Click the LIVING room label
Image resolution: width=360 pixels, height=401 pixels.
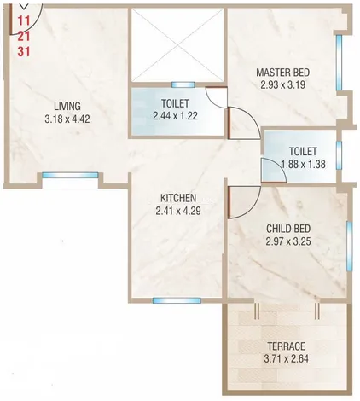[x=67, y=106]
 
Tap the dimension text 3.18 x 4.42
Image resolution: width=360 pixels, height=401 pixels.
[x=67, y=119]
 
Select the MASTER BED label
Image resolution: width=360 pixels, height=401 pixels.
[x=283, y=73]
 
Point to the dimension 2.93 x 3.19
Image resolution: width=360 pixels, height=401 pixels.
[x=283, y=84]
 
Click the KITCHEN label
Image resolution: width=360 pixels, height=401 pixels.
[x=178, y=198]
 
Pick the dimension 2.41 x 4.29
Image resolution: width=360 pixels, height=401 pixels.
[x=178, y=211]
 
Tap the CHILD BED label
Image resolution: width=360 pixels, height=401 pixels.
[x=288, y=229]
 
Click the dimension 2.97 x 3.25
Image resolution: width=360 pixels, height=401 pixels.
[x=288, y=241]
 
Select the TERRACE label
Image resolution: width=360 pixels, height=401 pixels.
[x=287, y=346]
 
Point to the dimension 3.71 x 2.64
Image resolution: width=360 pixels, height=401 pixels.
[x=287, y=358]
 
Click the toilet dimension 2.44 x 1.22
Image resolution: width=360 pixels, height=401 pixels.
[x=175, y=116]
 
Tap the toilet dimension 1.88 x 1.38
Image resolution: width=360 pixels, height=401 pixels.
[x=303, y=164]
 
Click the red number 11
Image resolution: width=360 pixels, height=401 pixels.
[x=24, y=20]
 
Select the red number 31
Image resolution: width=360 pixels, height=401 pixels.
[x=24, y=52]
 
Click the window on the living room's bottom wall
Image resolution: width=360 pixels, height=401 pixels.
[x=70, y=175]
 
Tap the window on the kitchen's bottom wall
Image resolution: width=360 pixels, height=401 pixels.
[x=177, y=300]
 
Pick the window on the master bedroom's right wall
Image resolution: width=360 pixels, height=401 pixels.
[x=339, y=62]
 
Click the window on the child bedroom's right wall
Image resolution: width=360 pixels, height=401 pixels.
[x=350, y=247]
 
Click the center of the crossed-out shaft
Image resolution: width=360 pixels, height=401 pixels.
[x=178, y=45]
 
